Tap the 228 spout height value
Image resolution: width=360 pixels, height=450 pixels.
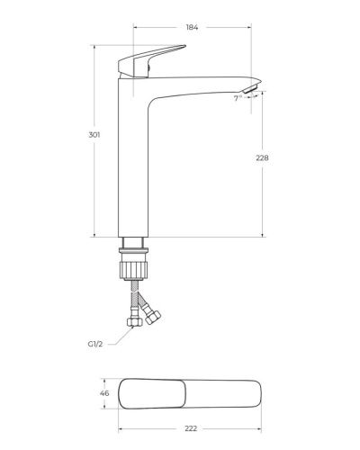point(263,157)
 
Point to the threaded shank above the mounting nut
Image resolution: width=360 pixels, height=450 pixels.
point(134,243)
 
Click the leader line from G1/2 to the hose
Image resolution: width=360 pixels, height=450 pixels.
point(112,337)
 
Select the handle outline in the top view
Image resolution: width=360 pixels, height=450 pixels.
point(153,393)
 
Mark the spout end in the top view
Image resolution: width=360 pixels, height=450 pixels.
point(252,393)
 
